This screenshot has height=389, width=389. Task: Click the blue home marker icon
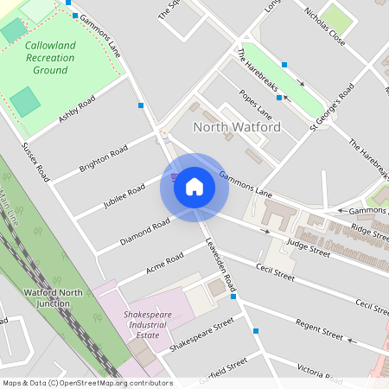[194, 187]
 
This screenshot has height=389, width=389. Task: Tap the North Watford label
[236, 127]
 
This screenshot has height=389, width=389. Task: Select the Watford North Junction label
[54, 297]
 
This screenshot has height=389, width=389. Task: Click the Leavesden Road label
[220, 265]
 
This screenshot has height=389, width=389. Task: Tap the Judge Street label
[309, 251]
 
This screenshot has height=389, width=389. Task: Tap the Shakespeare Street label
[201, 335]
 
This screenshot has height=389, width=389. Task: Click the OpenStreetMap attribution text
[86, 383]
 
